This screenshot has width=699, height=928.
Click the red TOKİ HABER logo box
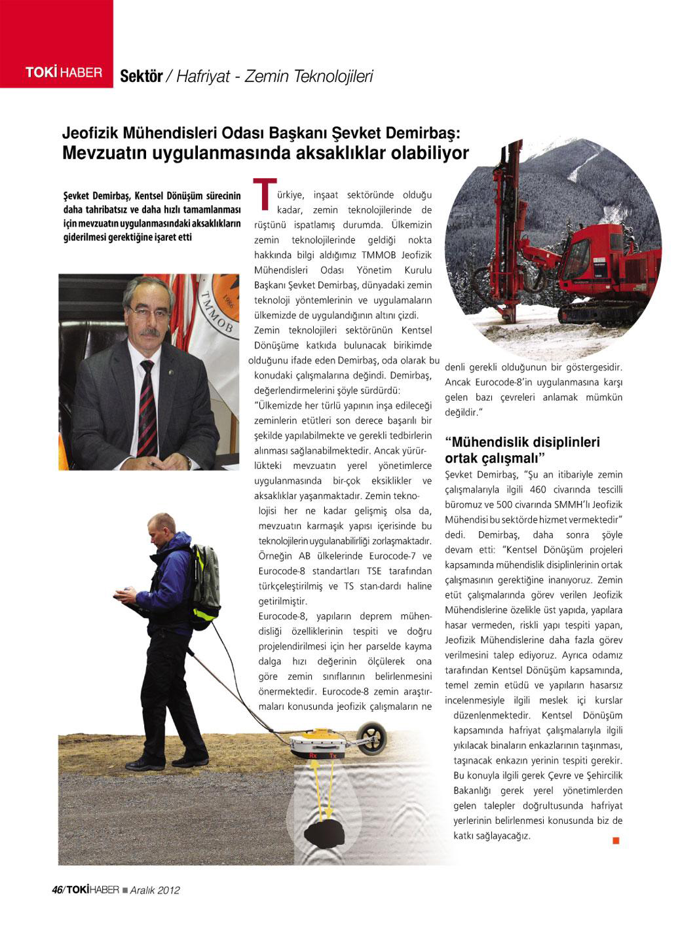[x=56, y=44]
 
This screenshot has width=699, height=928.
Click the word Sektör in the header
[x=141, y=76]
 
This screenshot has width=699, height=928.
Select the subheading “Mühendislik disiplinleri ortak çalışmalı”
[x=522, y=449]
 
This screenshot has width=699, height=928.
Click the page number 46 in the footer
[x=56, y=889]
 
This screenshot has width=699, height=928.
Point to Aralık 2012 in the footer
[x=155, y=890]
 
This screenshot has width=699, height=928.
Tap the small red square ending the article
[x=616, y=840]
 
